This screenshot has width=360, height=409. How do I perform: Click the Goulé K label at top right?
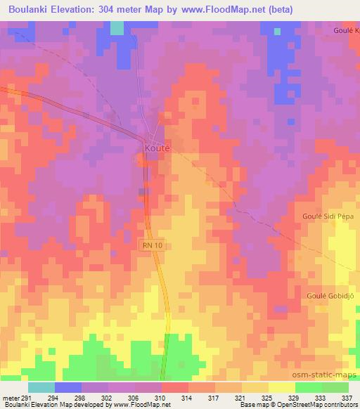point(346,32)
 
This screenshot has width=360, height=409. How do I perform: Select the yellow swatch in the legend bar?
point(282,387)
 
